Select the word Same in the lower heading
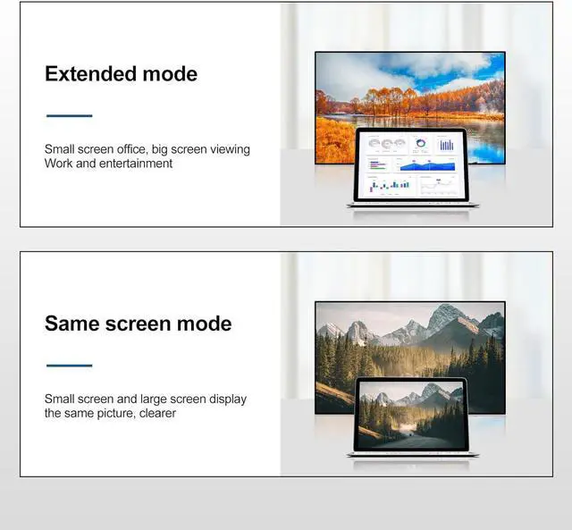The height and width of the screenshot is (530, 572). tap(72, 324)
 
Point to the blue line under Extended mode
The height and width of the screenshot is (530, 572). tap(69, 115)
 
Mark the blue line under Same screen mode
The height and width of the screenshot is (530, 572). tap(69, 366)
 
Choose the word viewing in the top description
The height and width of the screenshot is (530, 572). tap(228, 149)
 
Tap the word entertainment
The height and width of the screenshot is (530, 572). tap(135, 164)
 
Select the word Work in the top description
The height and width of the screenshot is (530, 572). tap(59, 164)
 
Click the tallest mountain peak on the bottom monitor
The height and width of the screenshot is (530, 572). tap(446, 312)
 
